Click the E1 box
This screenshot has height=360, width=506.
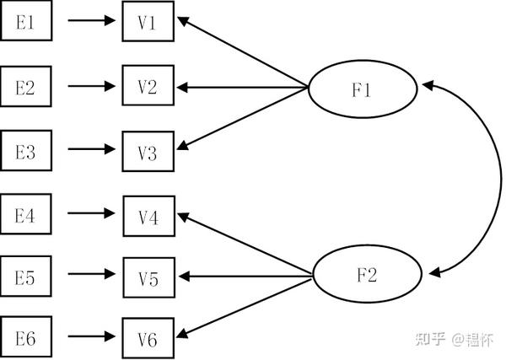26,20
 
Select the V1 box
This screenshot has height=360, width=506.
148,21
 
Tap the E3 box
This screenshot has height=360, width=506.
26,150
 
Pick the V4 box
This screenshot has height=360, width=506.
149,216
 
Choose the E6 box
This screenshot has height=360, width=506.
26,336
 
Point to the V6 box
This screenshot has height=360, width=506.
148,338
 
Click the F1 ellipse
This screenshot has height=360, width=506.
363,89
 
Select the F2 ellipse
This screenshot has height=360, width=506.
368,274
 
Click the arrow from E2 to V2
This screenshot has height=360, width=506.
92,86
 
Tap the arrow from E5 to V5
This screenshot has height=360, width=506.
92,274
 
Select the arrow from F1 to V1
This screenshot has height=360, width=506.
242,52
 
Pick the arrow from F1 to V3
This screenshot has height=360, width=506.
242,119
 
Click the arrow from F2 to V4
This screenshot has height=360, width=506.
245,243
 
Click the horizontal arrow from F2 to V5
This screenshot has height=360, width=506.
245,277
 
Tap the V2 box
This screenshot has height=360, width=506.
148,85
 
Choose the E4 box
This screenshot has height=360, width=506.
26,214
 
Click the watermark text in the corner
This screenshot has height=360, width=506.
455,340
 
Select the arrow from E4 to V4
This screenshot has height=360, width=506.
91,213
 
